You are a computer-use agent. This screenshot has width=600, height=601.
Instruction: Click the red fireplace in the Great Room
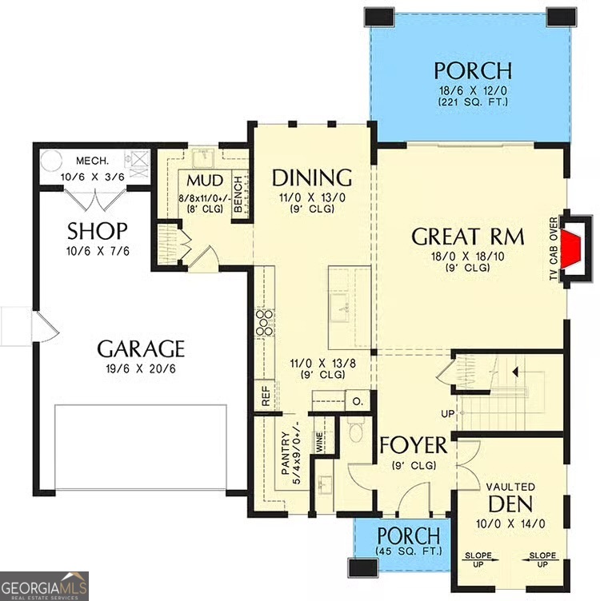point(570,249)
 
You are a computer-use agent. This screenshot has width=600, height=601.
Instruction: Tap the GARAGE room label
point(141,349)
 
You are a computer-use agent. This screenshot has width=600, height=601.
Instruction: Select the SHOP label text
point(97,232)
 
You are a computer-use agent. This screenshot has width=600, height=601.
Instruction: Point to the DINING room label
point(312,177)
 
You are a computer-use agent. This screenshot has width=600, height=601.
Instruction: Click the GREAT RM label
point(468,237)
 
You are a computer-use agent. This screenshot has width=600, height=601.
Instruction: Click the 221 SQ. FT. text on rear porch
point(472,102)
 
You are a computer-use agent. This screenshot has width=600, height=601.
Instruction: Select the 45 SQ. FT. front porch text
point(408,551)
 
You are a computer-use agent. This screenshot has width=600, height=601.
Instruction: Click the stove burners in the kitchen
point(264,322)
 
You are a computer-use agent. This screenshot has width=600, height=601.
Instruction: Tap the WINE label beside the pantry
point(319,443)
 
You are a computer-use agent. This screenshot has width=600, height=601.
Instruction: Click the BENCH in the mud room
point(238,194)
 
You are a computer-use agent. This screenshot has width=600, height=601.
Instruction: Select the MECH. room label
point(93,159)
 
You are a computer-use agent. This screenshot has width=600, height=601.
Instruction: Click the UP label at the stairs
point(447,413)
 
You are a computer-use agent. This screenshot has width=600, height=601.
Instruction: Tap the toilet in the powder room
point(357,432)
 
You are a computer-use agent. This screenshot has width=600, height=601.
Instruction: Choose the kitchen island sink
point(341,304)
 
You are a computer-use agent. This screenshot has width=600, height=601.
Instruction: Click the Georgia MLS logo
point(44,586)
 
